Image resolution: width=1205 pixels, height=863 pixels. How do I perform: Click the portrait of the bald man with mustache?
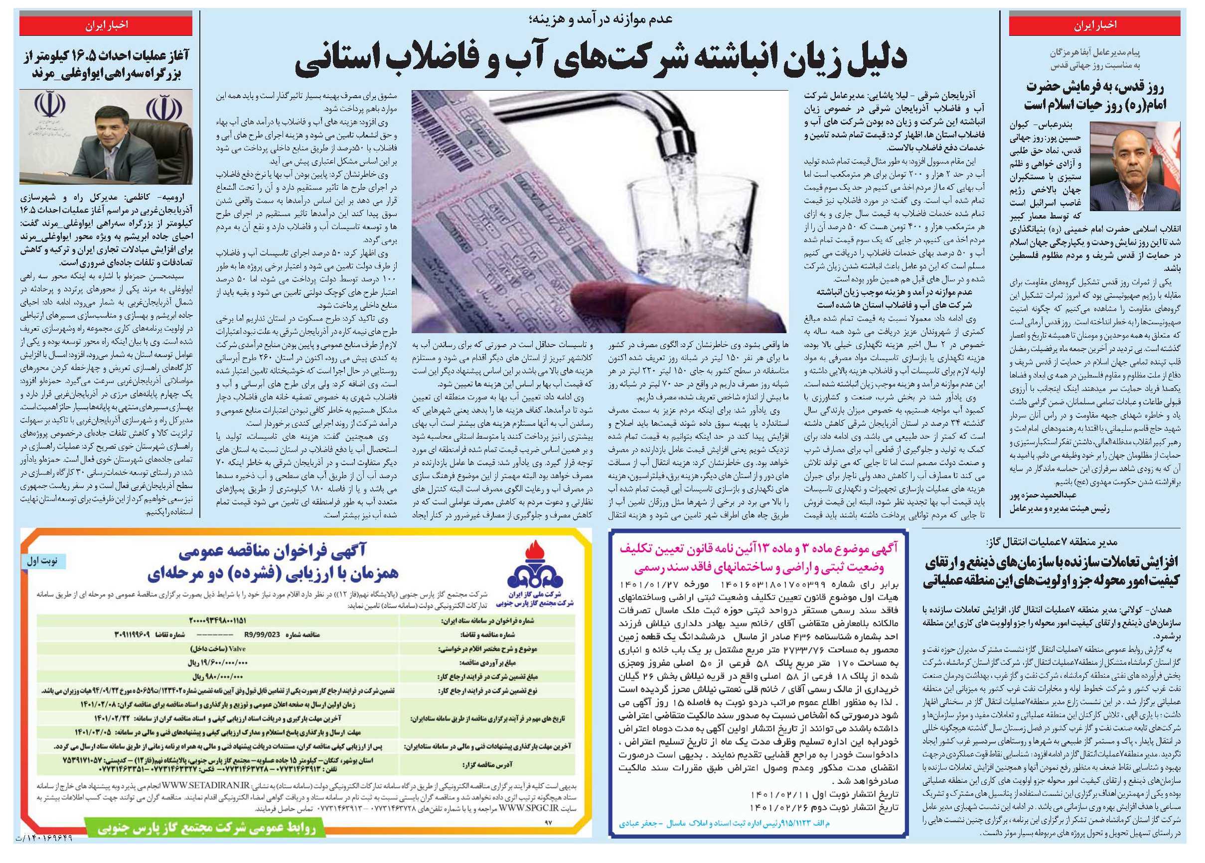coord(1134,166)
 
